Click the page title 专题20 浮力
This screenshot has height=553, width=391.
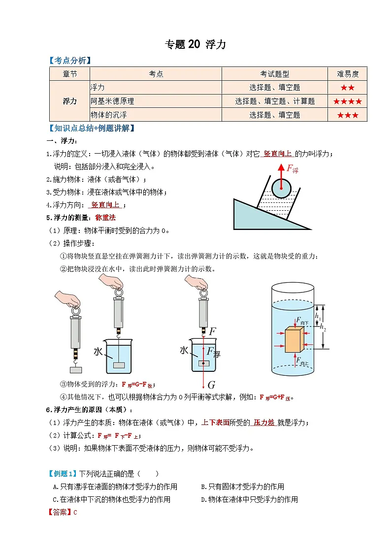(195, 44)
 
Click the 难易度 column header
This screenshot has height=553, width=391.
(348, 74)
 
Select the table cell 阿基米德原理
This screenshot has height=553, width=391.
(112, 101)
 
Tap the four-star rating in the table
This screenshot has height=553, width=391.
(348, 101)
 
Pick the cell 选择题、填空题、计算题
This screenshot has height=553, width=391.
(274, 101)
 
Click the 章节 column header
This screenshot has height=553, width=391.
(69, 74)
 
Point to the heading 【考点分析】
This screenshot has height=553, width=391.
(69, 60)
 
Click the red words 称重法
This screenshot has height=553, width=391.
(105, 217)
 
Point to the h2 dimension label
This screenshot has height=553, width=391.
(323, 326)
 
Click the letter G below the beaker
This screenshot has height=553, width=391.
(211, 385)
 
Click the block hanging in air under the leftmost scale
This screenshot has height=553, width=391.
(75, 369)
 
